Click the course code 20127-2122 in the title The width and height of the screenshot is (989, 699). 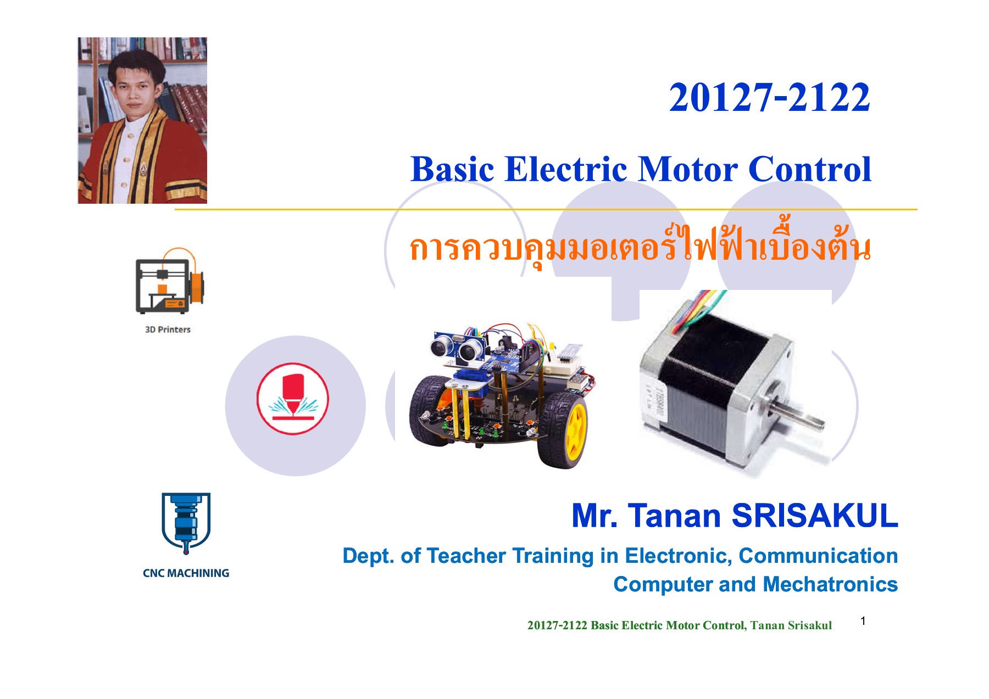click(769, 98)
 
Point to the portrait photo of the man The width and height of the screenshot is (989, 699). click(142, 120)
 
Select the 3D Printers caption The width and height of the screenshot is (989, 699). click(168, 329)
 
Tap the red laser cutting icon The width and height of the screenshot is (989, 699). click(293, 399)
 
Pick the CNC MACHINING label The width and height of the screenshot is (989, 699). click(186, 573)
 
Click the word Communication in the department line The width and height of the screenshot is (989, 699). click(818, 556)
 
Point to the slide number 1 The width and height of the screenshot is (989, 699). click(863, 621)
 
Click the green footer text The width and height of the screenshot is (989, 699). click(679, 625)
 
